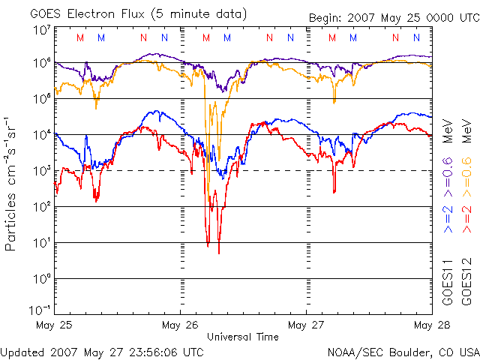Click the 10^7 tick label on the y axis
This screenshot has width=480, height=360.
pyautogui.click(x=41, y=30)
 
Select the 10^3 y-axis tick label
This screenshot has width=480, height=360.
pyautogui.click(x=41, y=171)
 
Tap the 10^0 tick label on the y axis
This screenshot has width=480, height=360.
pyautogui.click(x=41, y=279)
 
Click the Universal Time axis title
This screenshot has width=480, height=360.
pyautogui.click(x=243, y=337)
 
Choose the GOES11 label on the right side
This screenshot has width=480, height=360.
pyautogui.click(x=448, y=283)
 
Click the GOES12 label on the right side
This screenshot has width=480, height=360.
pyautogui.click(x=465, y=283)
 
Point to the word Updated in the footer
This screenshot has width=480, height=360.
pyautogui.click(x=22, y=351)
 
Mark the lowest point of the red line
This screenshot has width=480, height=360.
pyautogui.click(x=219, y=253)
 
